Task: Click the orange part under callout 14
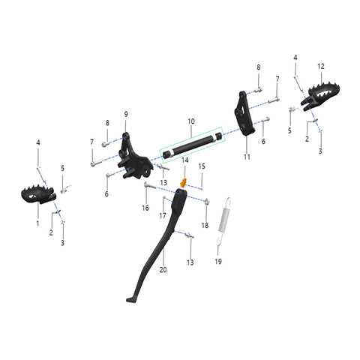[184, 183]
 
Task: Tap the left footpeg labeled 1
[38, 194]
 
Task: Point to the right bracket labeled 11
[244, 114]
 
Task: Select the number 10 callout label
[191, 121]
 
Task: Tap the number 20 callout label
[163, 270]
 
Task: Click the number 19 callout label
[218, 262]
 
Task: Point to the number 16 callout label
[145, 208]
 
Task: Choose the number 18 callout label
[205, 225]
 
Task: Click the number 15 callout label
[202, 166]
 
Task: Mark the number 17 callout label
[163, 215]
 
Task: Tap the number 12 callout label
[321, 66]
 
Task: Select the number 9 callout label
[126, 114]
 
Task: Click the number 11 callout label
[247, 157]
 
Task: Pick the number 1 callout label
[37, 223]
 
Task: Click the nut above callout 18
[207, 201]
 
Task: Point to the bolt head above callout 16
[145, 184]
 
